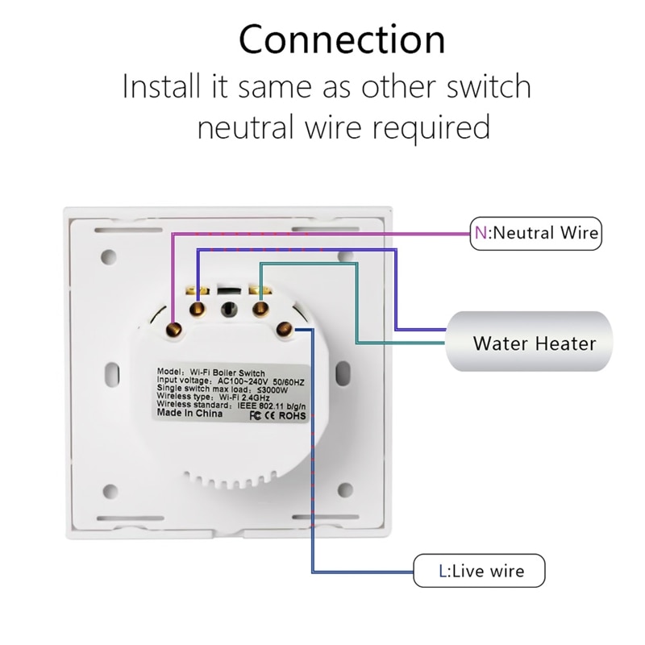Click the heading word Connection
(x=342, y=40)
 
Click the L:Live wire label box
(x=481, y=572)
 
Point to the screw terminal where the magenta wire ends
(x=173, y=327)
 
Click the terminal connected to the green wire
(x=260, y=307)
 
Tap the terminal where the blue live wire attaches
(x=285, y=327)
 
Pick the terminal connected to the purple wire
(x=198, y=307)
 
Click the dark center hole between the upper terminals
(x=228, y=308)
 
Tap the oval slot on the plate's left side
(x=114, y=373)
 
